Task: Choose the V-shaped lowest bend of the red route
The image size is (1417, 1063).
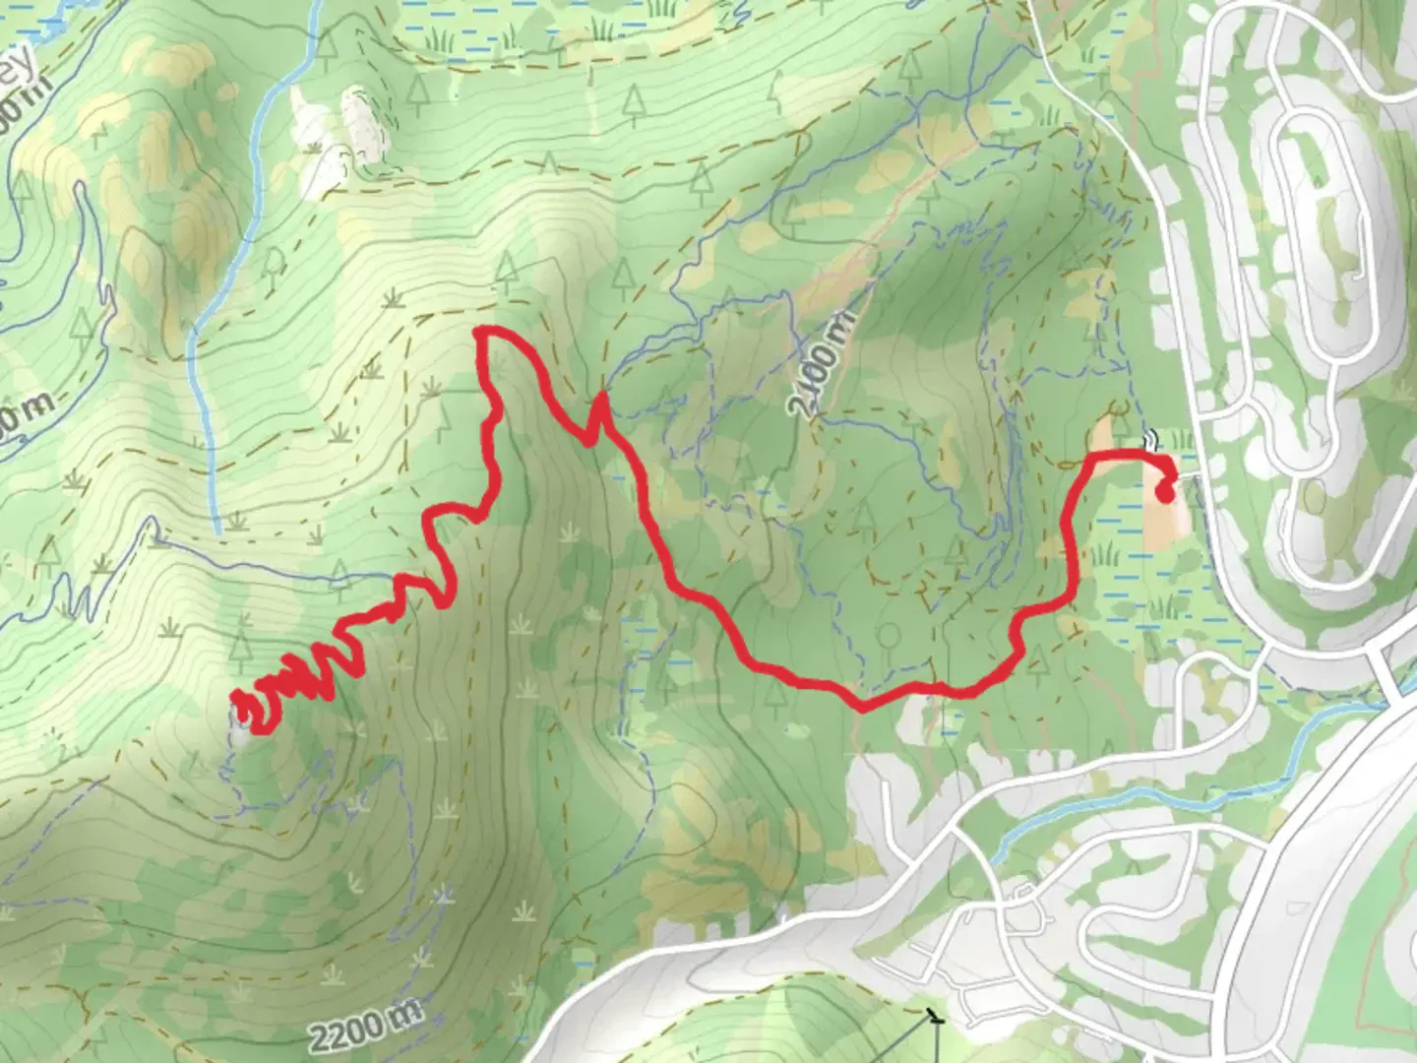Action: [x=862, y=705]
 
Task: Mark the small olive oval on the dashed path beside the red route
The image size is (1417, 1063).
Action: [x=1116, y=406]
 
